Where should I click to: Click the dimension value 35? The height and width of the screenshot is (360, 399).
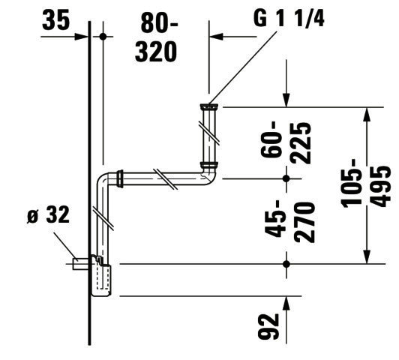55,19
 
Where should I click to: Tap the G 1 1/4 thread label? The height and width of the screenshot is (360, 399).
289,18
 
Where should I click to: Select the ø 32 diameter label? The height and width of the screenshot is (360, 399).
48,214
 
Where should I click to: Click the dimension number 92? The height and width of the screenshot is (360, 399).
268,327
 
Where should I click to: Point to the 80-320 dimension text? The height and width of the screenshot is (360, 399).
156,37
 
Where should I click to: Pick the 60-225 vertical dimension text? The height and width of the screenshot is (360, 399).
286,143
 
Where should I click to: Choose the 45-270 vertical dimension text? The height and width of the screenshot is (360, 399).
289,222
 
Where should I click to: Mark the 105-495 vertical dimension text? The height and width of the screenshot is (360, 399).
367,182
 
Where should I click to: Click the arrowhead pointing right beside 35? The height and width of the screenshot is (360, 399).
81,37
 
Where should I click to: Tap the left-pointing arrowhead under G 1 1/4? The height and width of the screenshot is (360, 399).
216,37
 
